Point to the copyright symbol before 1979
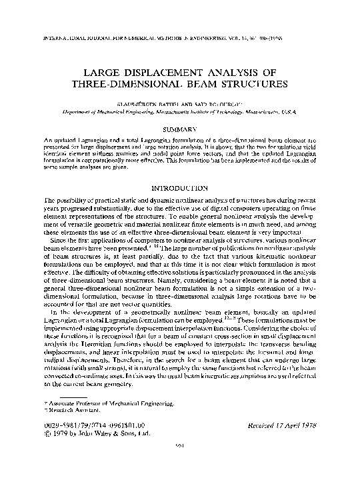(47, 432)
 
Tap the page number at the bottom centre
(179, 465)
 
